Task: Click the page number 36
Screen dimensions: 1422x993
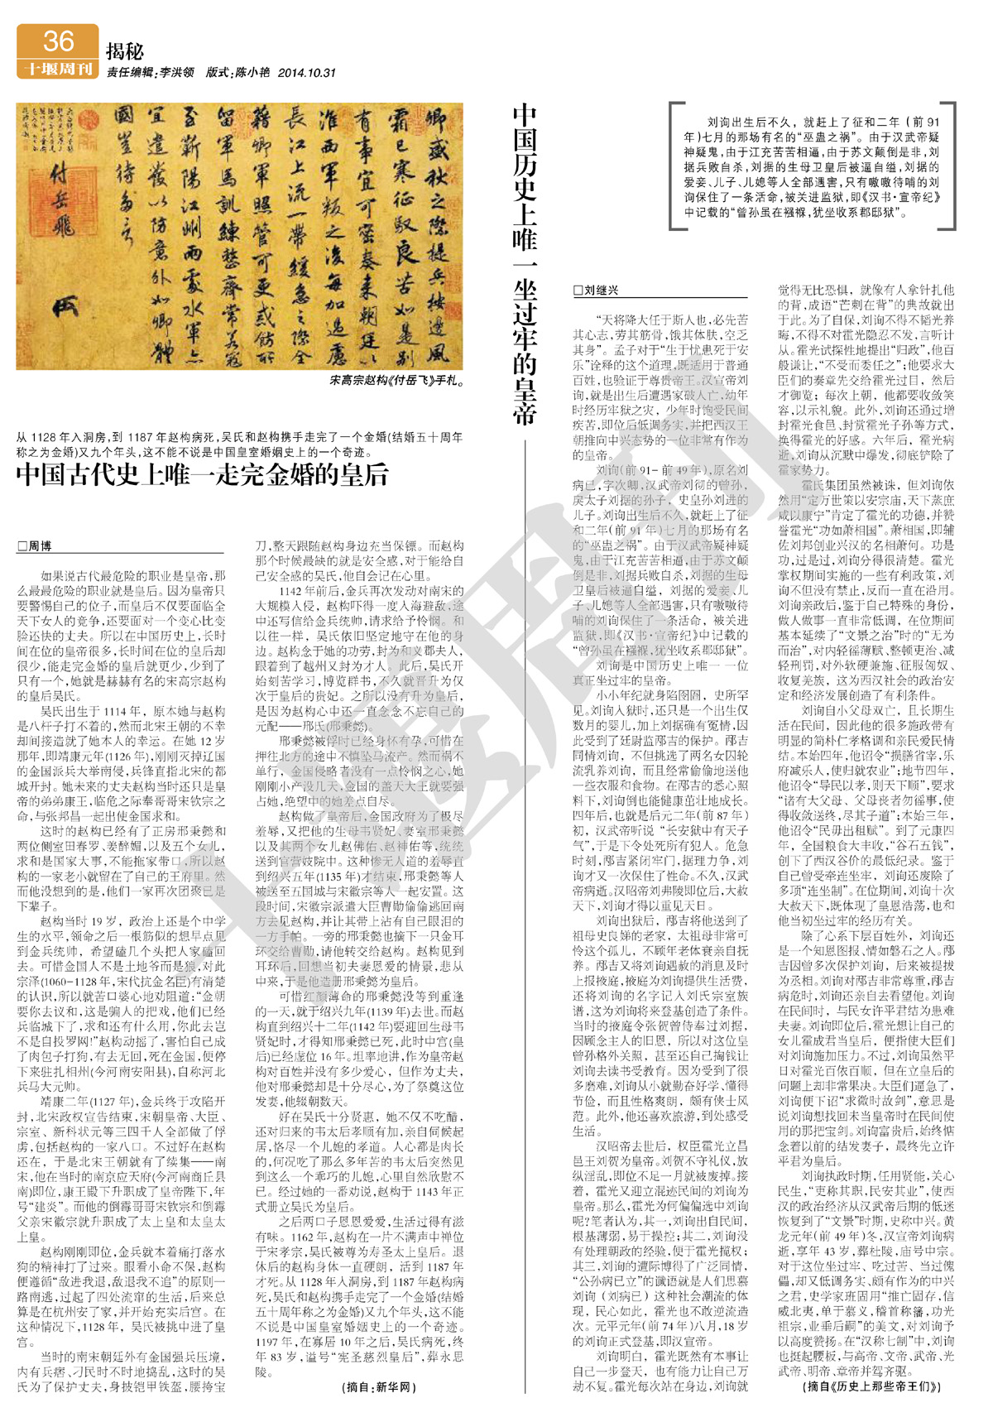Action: [58, 41]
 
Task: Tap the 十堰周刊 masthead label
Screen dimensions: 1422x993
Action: [58, 69]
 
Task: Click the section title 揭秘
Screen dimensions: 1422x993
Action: [125, 51]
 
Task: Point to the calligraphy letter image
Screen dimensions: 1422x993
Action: [239, 236]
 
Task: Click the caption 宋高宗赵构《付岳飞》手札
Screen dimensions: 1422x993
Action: [396, 381]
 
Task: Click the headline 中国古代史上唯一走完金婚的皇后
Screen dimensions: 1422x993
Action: [203, 474]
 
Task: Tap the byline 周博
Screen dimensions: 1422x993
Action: [40, 545]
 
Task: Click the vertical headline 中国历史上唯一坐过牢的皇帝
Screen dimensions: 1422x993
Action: [525, 265]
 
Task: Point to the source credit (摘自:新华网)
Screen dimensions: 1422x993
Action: [378, 1386]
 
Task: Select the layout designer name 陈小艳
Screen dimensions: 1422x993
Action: [252, 73]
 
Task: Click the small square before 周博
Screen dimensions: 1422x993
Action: [22, 545]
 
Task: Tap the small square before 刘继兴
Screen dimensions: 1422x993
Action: [578, 291]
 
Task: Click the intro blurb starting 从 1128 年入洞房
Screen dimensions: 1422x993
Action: [239, 444]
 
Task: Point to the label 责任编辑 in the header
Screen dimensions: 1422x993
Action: [129, 73]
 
